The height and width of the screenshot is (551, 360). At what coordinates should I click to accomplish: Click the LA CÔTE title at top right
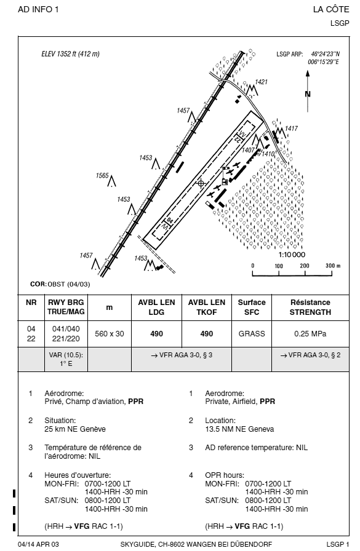(x=331, y=9)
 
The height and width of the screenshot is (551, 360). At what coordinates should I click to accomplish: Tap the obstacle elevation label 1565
(x=102, y=175)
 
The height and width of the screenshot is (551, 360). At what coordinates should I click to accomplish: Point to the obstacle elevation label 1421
(x=261, y=82)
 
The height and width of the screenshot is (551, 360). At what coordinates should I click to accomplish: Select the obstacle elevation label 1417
(x=292, y=129)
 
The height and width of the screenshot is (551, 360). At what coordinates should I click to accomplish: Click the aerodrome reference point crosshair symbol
(x=201, y=183)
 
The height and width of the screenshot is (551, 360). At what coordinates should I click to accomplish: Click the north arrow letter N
(x=308, y=94)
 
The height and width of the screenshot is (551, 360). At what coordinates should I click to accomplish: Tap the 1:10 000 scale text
(x=292, y=255)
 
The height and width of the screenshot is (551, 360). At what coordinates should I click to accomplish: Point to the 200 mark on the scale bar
(x=305, y=266)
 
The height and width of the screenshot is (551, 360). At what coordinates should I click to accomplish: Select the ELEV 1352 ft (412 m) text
(x=70, y=54)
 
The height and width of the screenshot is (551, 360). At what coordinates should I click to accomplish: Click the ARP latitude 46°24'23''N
(x=326, y=54)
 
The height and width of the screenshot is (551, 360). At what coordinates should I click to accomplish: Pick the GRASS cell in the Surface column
(x=252, y=334)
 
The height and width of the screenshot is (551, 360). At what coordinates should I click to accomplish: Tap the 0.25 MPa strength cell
(x=310, y=334)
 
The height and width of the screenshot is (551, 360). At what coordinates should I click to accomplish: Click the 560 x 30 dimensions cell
(x=110, y=334)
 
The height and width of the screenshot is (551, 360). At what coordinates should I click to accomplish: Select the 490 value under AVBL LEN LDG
(x=156, y=334)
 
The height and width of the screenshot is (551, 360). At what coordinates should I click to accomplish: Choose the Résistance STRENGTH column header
(x=310, y=307)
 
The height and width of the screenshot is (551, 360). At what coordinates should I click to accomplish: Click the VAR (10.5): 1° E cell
(x=66, y=359)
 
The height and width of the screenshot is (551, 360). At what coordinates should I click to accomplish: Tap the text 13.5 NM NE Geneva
(x=239, y=429)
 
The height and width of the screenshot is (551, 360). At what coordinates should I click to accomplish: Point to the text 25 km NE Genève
(x=75, y=429)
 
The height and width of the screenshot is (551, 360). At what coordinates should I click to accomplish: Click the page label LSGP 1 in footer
(x=338, y=544)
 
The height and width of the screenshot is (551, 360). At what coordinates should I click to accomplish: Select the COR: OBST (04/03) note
(x=60, y=284)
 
